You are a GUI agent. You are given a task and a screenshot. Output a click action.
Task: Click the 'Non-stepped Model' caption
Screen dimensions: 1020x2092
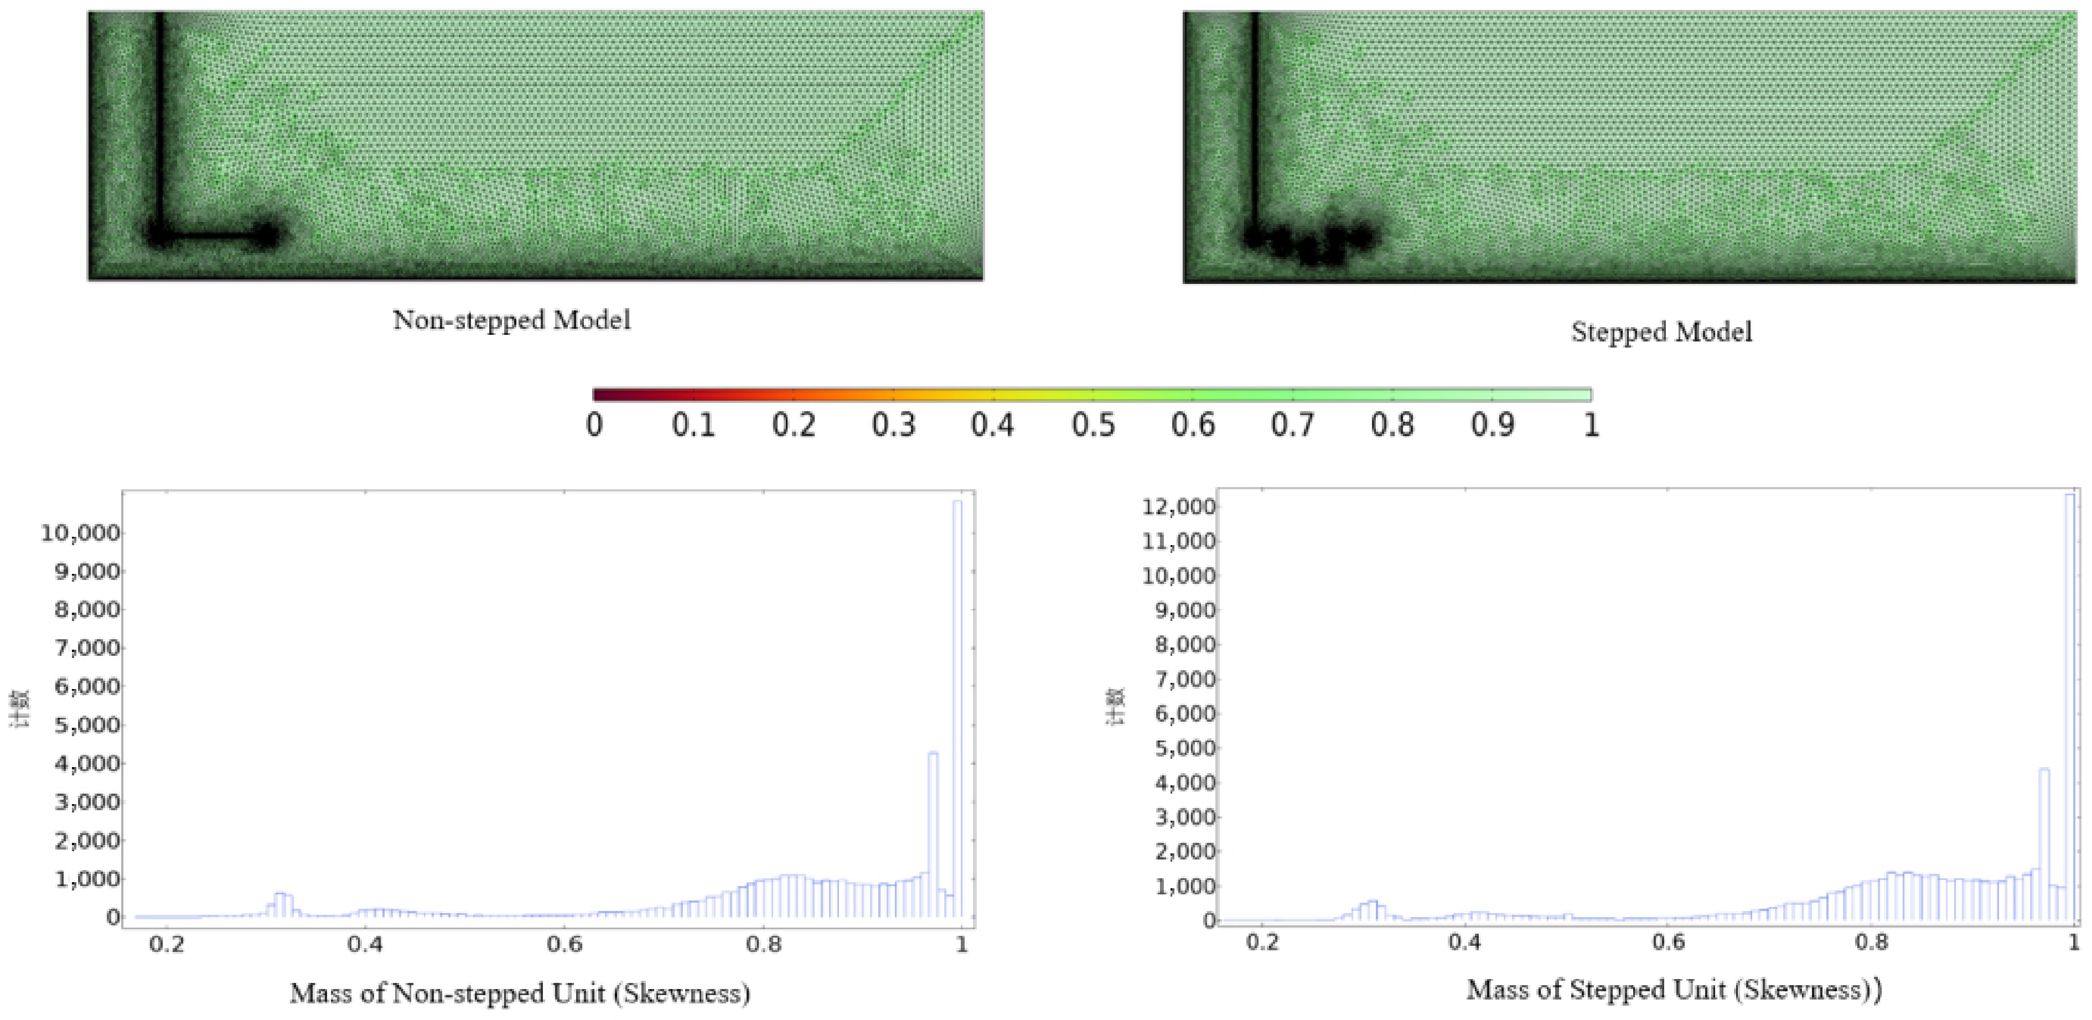511,320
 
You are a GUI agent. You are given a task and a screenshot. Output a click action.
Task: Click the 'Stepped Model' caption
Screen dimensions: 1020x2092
1661,332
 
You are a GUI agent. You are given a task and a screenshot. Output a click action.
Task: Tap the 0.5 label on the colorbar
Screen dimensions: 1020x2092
1092,424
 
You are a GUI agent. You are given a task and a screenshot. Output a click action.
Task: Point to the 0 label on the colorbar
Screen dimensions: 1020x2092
594,424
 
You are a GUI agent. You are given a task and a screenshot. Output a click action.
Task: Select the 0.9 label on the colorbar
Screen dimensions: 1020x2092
1492,424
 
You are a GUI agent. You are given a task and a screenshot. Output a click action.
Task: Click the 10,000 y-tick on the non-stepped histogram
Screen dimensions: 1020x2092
80,534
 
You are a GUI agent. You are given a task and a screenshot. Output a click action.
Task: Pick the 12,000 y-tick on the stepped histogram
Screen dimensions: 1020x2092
1178,508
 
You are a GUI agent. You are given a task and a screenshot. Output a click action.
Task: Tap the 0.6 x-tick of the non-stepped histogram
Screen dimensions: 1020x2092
565,945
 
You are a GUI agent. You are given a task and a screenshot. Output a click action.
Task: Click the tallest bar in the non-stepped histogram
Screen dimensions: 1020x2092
957,707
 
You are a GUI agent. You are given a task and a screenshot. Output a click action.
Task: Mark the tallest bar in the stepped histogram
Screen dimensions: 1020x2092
2069,707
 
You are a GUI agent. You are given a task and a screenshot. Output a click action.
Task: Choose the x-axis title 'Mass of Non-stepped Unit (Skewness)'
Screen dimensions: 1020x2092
520,993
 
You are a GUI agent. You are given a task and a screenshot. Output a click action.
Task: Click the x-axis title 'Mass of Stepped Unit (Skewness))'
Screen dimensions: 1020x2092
1674,990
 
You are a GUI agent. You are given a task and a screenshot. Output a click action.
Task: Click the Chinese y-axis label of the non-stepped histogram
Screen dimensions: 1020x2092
19,709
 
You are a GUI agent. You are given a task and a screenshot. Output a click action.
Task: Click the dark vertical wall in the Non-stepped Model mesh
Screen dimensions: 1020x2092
160,122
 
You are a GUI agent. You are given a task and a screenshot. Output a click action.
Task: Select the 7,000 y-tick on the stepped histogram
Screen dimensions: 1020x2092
1185,679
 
